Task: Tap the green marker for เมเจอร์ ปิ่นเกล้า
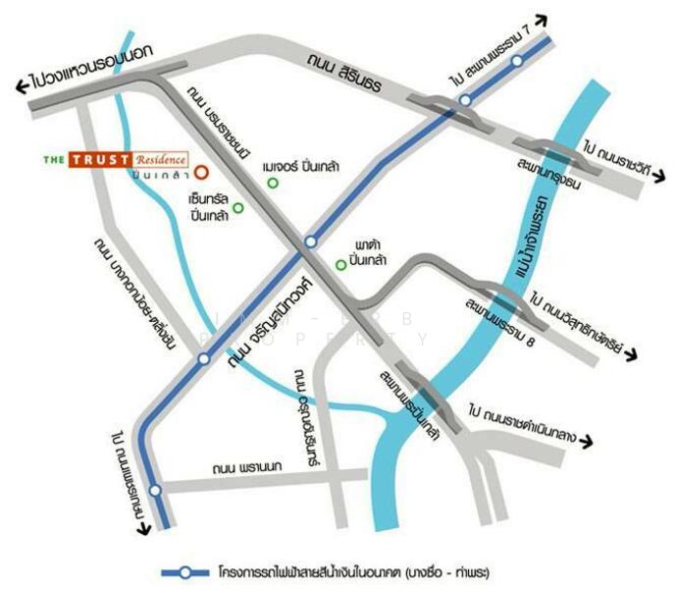[273, 184]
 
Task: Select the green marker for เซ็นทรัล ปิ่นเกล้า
[237, 208]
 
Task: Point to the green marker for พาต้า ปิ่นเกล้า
[340, 263]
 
